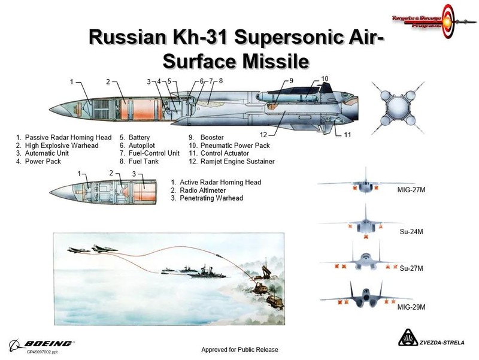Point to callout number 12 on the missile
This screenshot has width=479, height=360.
[x=263, y=134]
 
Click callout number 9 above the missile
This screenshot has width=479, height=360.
[x=291, y=80]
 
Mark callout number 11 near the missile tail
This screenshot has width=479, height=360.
[x=347, y=135]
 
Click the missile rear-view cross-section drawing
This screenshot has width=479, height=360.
[x=397, y=108]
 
